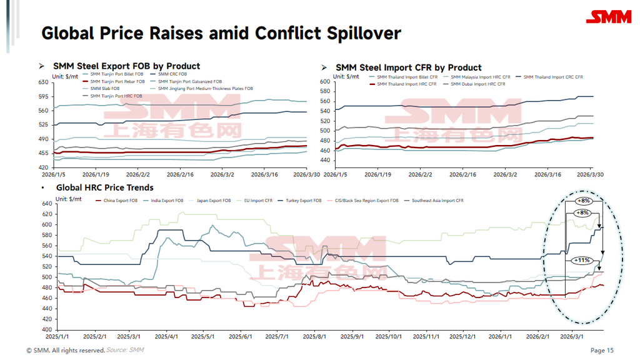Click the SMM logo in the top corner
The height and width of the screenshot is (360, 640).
(x=612, y=17)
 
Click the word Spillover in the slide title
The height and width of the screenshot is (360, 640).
(x=364, y=33)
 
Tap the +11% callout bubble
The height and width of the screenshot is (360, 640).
(x=581, y=259)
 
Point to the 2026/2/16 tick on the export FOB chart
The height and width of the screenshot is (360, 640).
(x=180, y=176)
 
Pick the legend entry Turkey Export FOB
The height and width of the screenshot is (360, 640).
(x=304, y=201)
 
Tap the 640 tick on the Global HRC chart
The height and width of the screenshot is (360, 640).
(x=46, y=203)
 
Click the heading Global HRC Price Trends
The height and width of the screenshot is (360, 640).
(x=104, y=187)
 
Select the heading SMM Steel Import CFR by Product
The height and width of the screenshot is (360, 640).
(x=408, y=67)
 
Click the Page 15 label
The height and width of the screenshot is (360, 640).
(x=602, y=351)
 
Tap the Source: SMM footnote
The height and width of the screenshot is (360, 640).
(x=125, y=350)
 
